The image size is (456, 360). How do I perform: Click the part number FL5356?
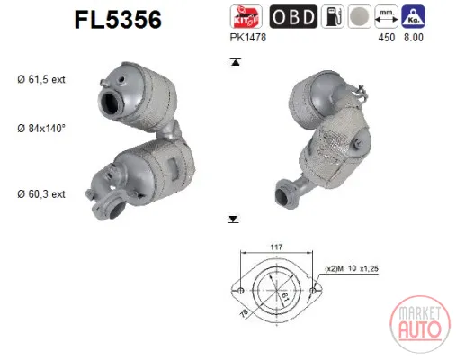(118, 20)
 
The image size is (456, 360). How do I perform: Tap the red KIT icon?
(246, 16)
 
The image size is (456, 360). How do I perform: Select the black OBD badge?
(293, 16)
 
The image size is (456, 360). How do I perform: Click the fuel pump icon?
(333, 16)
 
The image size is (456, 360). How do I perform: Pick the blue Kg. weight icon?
(413, 16)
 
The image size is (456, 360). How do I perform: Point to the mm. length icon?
(387, 16)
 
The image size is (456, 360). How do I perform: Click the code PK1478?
(247, 38)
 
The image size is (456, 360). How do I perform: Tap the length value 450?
(387, 38)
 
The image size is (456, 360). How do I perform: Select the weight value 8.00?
(414, 38)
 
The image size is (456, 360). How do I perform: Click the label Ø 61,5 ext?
(41, 79)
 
